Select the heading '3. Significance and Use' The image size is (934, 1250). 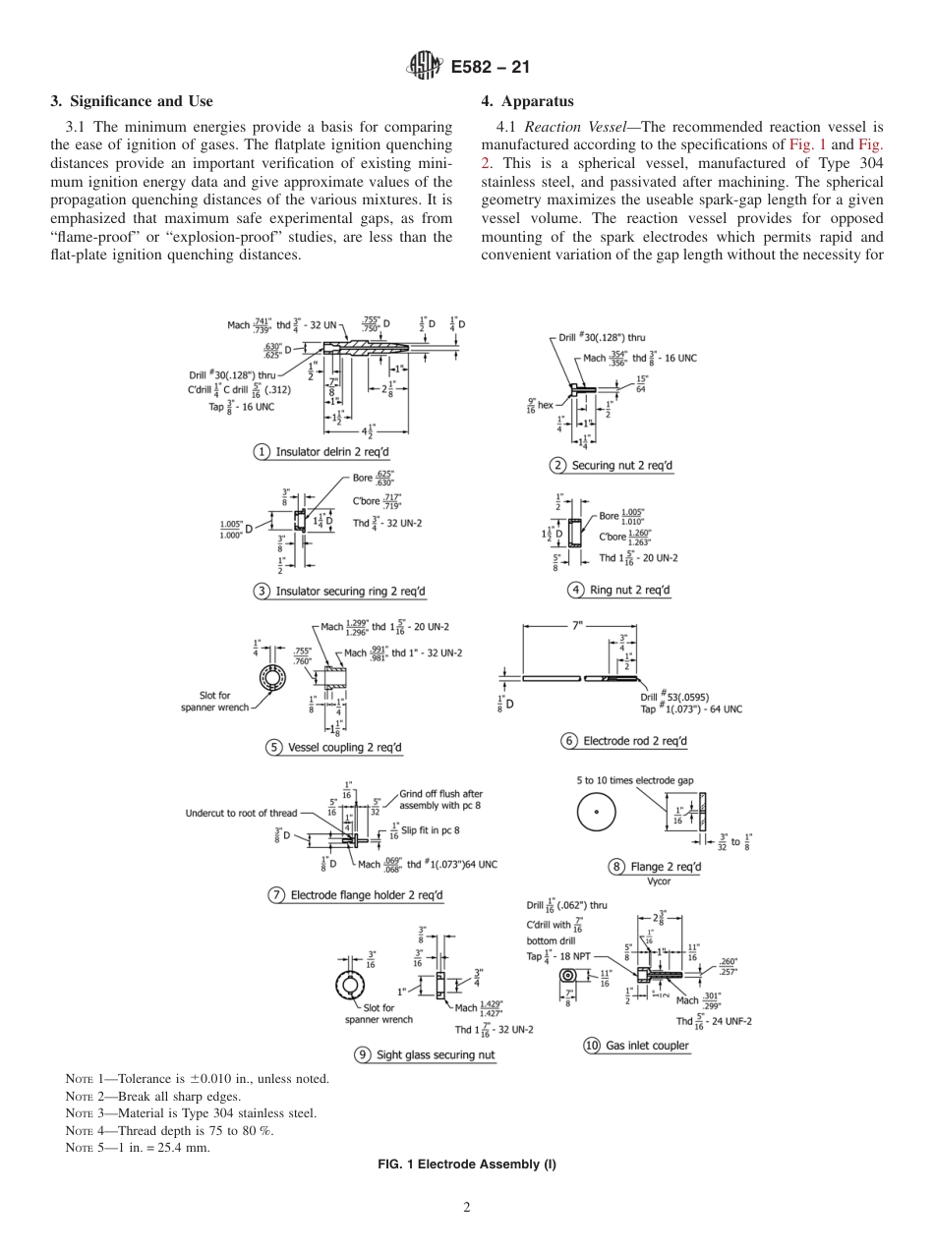[131, 101]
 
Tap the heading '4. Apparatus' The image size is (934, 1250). [528, 101]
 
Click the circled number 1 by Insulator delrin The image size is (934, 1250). [263, 452]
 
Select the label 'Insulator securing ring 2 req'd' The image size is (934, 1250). [351, 592]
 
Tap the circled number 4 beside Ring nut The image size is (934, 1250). [576, 590]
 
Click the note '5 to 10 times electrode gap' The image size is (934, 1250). [635, 780]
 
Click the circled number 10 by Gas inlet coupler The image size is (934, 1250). [592, 1046]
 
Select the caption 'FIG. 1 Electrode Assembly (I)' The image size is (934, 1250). [467, 1165]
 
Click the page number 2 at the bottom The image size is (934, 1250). [467, 1208]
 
